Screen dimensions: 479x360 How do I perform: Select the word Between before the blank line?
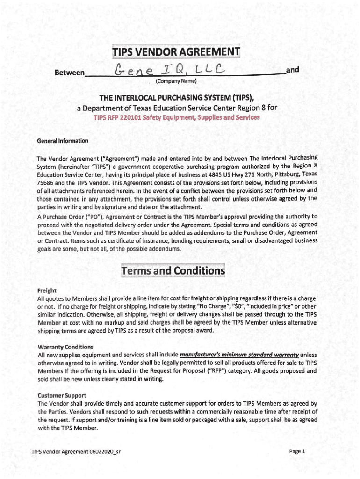[70, 73]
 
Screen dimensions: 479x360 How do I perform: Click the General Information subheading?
[62, 141]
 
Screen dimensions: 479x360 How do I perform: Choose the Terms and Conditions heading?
[173, 271]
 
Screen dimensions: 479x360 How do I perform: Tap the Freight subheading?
[47, 290]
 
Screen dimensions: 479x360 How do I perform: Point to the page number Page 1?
[297, 452]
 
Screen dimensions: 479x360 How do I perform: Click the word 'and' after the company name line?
[293, 70]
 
